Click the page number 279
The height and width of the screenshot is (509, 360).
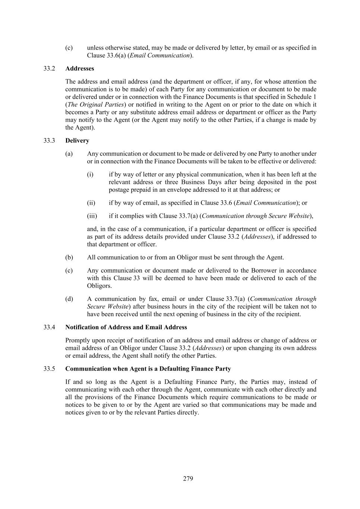[x=188, y=478]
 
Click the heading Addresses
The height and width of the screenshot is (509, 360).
[x=79, y=69]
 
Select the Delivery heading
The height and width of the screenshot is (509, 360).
[x=77, y=141]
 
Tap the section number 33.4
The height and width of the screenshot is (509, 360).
[x=49, y=327]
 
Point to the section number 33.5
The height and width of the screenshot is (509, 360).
[x=49, y=369]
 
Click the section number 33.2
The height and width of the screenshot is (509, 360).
[x=49, y=69]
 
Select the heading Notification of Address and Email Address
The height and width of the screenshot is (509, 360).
[x=126, y=327]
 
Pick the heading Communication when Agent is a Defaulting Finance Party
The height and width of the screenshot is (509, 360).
[x=148, y=369]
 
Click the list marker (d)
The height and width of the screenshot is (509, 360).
[x=69, y=299]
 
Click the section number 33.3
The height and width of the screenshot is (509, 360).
[x=49, y=141]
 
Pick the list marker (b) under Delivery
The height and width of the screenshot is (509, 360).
[x=69, y=257]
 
